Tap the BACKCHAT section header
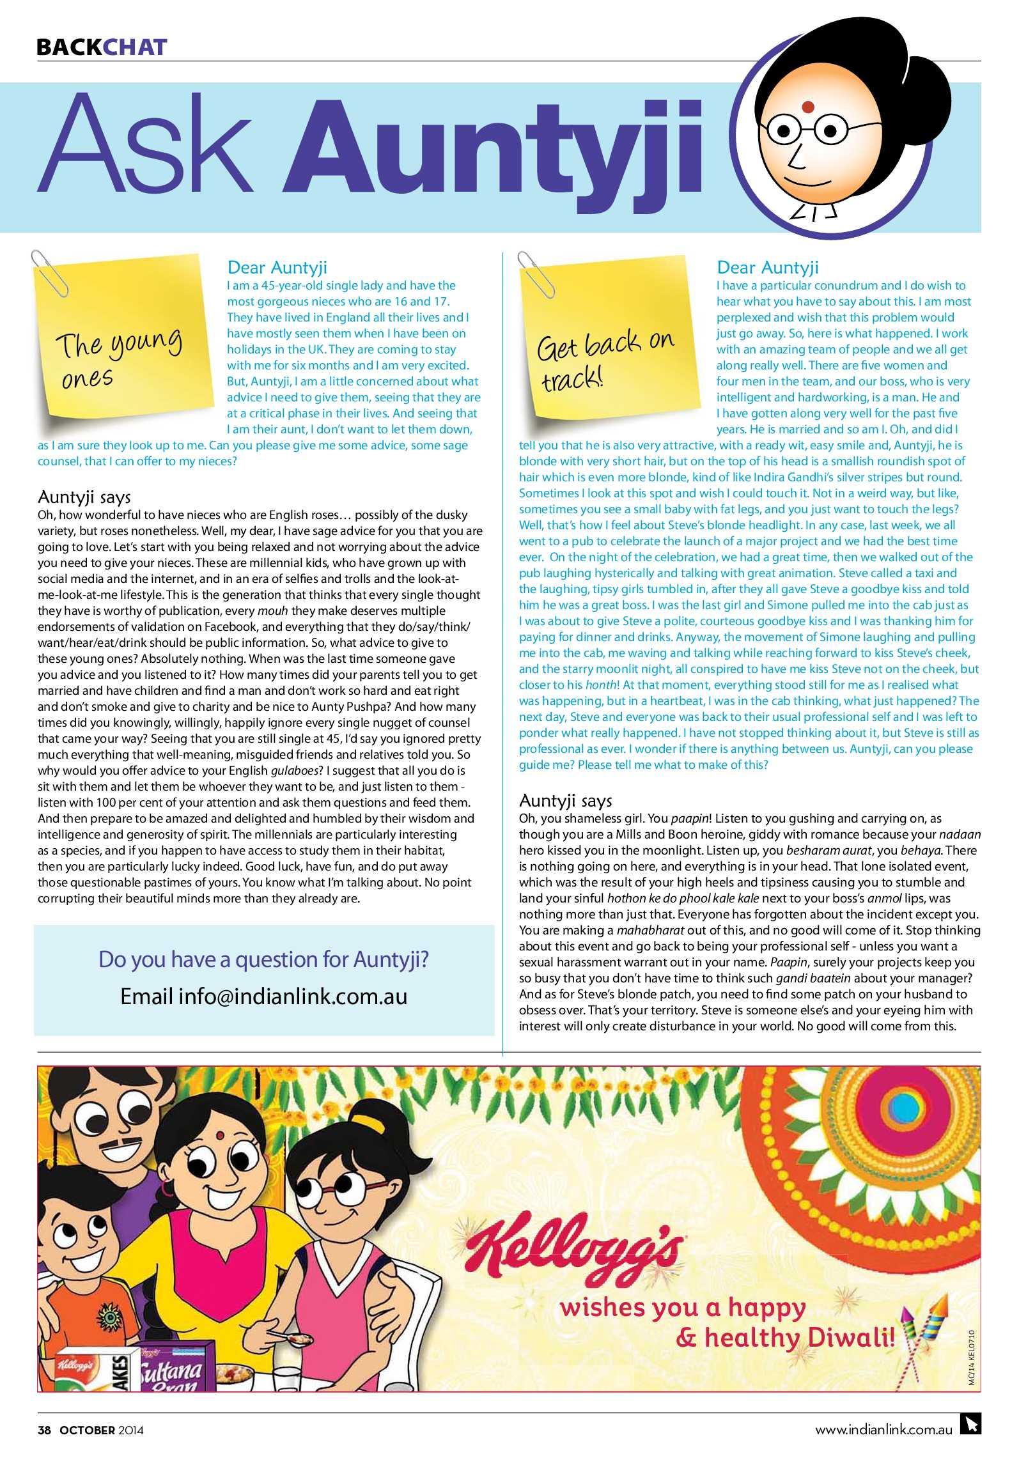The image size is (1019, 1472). (102, 47)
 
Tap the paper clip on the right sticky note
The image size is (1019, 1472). (534, 268)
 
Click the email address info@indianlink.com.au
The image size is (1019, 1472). (263, 996)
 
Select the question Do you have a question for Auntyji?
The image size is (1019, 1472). (263, 959)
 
